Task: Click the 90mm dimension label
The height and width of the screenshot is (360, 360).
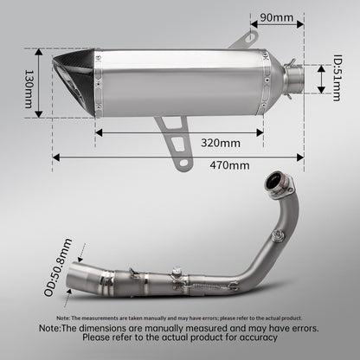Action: pyautogui.click(x=277, y=17)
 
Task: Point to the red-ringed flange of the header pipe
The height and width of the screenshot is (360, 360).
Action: pyautogui.click(x=279, y=183)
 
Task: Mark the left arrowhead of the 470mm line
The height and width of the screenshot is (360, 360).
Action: pyautogui.click(x=55, y=157)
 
